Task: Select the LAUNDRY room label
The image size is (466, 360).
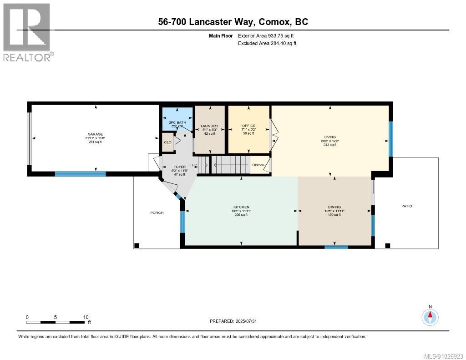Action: tap(209, 126)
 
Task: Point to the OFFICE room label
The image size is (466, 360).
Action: tap(248, 126)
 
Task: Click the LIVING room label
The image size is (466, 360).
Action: tap(330, 136)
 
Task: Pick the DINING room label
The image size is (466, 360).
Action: tap(334, 207)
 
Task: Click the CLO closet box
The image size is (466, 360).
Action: tap(167, 142)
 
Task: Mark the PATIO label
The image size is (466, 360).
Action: tap(406, 206)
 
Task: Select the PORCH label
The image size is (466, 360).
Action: tap(157, 213)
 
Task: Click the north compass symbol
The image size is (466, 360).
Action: tap(430, 316)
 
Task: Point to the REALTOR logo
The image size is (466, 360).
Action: tap(27, 32)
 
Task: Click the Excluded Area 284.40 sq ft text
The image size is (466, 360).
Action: tap(267, 44)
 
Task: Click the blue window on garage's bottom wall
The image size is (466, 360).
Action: tap(80, 173)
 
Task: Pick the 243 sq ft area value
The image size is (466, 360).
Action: tap(330, 145)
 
